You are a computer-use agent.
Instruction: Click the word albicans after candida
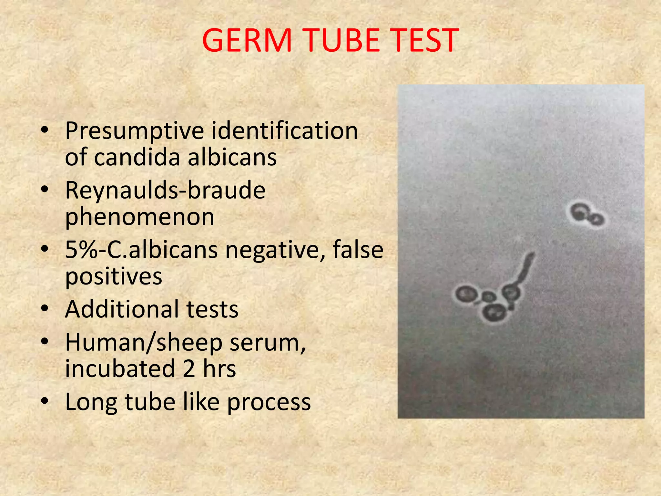(232, 157)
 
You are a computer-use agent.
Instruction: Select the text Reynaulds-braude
(165, 191)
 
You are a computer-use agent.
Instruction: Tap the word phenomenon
(140, 217)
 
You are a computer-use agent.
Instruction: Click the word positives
(113, 277)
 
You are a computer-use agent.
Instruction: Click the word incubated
(120, 368)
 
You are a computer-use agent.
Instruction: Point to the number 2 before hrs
(189, 368)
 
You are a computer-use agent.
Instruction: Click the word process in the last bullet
(269, 402)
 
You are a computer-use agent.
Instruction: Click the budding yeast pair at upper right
(586, 215)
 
